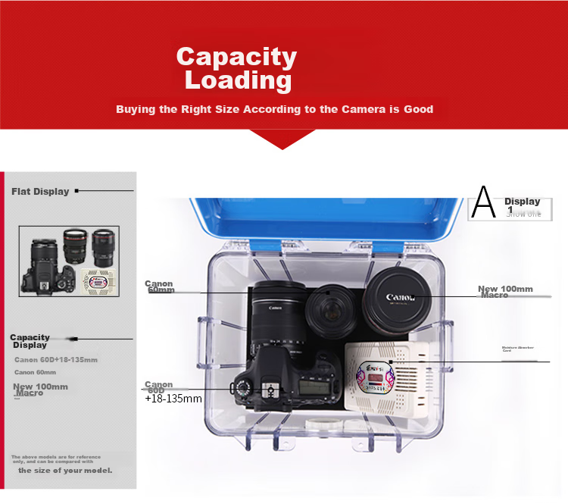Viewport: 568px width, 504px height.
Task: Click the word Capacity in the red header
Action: click(236, 57)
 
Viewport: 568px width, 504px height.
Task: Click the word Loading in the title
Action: click(238, 80)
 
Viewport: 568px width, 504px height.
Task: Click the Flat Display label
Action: click(40, 192)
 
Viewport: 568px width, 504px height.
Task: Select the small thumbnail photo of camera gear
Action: click(69, 261)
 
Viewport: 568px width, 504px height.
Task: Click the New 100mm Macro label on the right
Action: click(505, 291)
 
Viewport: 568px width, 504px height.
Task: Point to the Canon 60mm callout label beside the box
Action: click(160, 286)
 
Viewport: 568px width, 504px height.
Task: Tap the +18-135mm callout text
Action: click(173, 398)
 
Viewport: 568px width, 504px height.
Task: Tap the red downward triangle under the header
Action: click(282, 139)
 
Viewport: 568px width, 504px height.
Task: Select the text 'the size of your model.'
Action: click(65, 471)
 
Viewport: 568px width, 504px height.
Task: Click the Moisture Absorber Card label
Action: click(518, 349)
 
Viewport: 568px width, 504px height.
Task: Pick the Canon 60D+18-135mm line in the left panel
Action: click(55, 360)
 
